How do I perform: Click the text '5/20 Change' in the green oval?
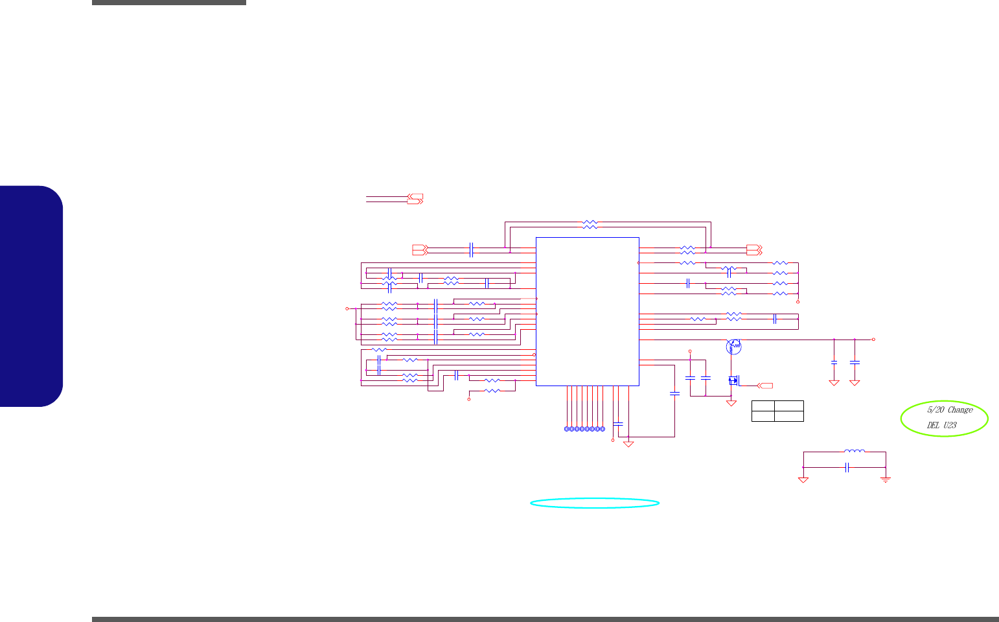click(950, 410)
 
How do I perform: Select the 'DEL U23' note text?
click(941, 426)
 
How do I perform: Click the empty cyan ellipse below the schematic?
click(595, 503)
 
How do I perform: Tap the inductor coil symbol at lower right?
click(854, 451)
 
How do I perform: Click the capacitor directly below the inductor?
click(847, 468)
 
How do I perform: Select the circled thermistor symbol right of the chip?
click(733, 347)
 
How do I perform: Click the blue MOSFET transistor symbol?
click(734, 380)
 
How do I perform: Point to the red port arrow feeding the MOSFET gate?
click(765, 386)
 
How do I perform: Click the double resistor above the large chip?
click(590, 224)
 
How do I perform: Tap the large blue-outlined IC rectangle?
click(588, 311)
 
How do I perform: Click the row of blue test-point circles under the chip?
click(584, 430)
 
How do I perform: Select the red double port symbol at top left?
click(415, 198)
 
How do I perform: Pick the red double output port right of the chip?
click(755, 249)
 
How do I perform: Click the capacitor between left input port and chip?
click(472, 249)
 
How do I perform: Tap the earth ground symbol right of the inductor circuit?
click(886, 479)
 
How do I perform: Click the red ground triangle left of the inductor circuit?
click(803, 479)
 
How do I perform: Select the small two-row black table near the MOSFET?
click(777, 411)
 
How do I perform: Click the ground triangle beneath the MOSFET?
click(731, 403)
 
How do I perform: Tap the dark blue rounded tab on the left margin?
click(32, 296)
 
